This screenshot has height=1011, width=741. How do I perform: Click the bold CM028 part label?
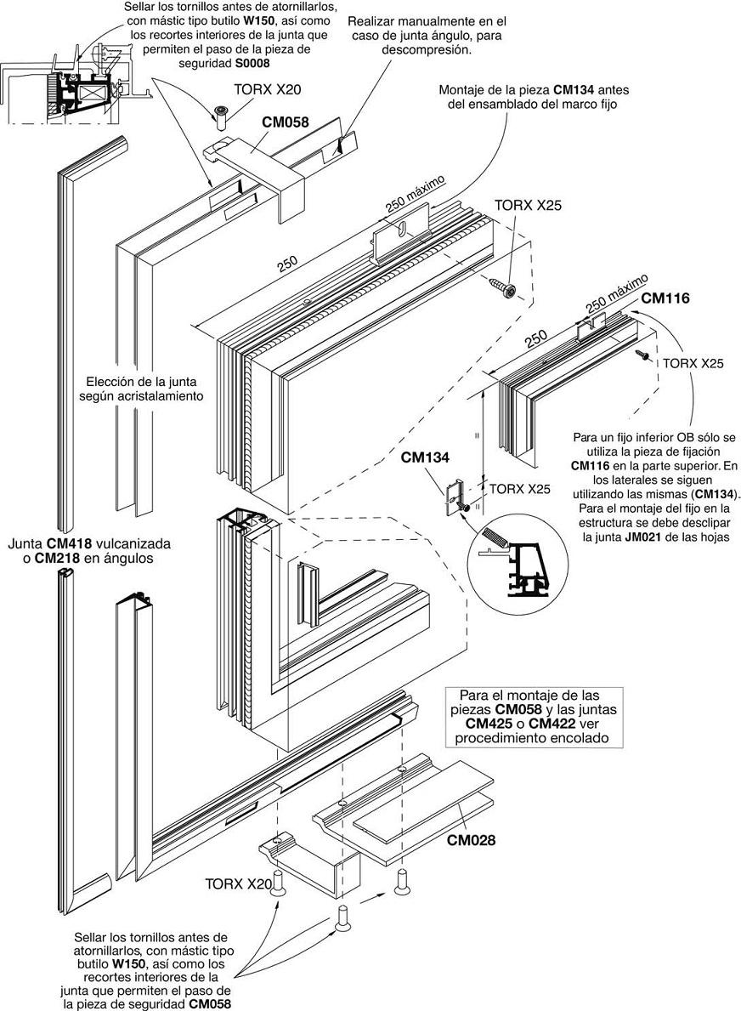(471, 840)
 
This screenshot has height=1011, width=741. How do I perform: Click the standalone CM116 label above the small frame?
(665, 298)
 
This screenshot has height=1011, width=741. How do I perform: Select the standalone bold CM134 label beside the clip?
(425, 458)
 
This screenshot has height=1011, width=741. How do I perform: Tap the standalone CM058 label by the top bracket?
(285, 122)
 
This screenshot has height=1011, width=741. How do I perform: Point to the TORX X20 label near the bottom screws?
(238, 884)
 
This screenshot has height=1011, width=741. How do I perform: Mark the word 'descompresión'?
(433, 49)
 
